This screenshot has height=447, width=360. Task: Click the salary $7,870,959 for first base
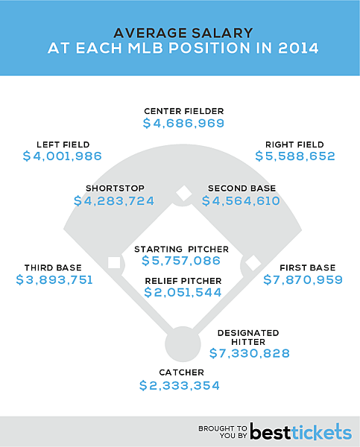coord(303,280)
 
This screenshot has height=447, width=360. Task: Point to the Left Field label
coord(63,145)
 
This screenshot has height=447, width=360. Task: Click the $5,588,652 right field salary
coord(295,156)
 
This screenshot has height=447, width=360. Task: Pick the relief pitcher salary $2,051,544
coord(182,293)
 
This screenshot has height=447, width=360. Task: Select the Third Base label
coord(53,267)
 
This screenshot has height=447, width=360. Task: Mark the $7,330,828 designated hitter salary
coord(250,353)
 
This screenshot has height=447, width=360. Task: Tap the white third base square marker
coord(114,262)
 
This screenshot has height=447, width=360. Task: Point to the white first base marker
coord(253,262)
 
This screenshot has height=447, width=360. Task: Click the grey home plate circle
coord(180,343)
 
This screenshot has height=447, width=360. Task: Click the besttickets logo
coord(300,431)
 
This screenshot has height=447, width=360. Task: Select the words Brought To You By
coord(222,431)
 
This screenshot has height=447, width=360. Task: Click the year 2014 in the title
coord(294,50)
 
